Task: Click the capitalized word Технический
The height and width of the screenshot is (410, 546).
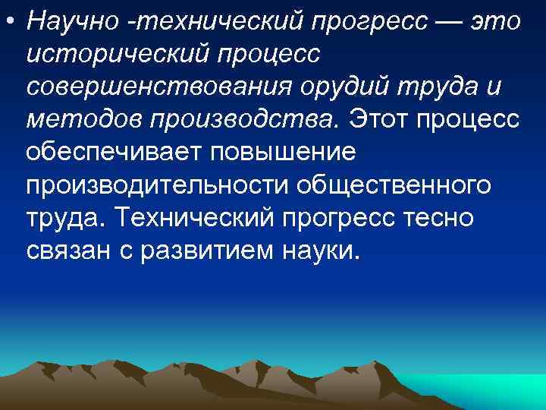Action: tap(196, 219)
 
